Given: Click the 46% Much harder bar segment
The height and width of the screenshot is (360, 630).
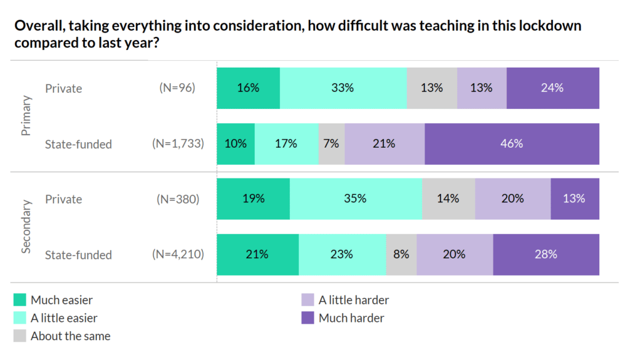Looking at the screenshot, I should (x=511, y=144).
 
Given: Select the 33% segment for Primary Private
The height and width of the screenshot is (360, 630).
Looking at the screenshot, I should (x=343, y=88).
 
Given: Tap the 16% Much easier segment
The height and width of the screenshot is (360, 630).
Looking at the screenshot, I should (x=248, y=88).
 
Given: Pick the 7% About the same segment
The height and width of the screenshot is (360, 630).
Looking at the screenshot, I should (x=331, y=144).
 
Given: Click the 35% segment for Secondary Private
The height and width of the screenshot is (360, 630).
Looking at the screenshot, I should (x=356, y=199).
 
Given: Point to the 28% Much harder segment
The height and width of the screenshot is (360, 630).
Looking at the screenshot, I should (x=546, y=254).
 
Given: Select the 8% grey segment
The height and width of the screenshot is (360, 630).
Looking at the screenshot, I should (x=401, y=254).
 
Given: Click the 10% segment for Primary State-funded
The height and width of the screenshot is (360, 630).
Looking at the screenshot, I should (x=236, y=144).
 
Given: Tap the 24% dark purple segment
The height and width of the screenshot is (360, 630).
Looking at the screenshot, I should (x=552, y=88).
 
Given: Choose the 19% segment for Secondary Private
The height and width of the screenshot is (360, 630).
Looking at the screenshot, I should (x=253, y=199).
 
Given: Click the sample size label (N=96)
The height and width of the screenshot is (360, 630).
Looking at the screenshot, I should (x=177, y=88).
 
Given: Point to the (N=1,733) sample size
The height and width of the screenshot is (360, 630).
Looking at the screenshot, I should (x=178, y=144).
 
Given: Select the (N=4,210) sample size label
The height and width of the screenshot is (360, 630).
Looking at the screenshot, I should (x=178, y=255).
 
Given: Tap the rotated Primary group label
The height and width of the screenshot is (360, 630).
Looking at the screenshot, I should (x=26, y=116).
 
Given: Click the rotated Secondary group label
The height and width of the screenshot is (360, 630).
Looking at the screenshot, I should (x=26, y=226).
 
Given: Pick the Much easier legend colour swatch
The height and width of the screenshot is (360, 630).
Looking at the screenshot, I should (x=20, y=300).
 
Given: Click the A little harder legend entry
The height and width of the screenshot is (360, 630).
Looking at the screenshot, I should (x=353, y=300).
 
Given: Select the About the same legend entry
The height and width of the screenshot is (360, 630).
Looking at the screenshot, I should (x=70, y=336).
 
